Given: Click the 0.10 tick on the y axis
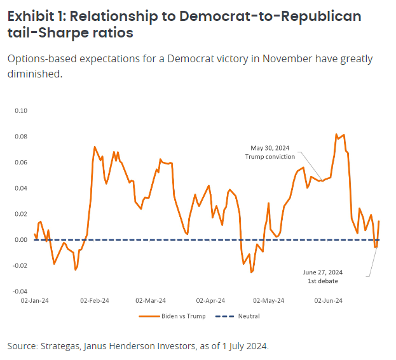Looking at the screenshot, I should click(22, 110).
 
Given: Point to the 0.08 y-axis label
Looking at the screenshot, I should click(22, 137).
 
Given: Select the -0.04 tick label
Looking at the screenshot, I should click(21, 291).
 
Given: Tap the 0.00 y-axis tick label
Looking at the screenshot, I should click(22, 240).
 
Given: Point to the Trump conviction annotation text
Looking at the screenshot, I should click(271, 157).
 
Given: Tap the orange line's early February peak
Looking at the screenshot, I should click(95, 147).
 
